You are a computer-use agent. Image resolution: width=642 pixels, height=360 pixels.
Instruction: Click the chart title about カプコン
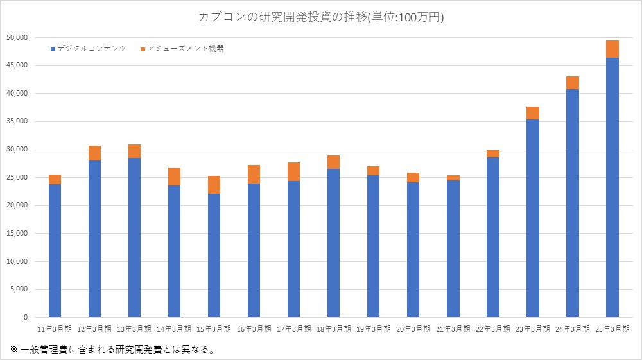coord(321,17)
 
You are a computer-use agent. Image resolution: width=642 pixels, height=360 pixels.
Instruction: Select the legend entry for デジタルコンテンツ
coord(91,49)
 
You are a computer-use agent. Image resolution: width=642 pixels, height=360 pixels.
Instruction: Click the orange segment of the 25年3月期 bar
coord(612,49)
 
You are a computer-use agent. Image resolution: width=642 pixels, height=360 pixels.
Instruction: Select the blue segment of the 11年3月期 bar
coord(55,250)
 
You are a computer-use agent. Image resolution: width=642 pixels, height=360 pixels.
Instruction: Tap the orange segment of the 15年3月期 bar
coord(214,185)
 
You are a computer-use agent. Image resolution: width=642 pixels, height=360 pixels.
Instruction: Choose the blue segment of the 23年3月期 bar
coord(532,218)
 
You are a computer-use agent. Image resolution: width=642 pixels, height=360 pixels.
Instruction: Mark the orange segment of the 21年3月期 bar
coord(453,178)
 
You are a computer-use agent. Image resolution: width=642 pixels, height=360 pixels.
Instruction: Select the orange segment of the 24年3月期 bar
coord(572,83)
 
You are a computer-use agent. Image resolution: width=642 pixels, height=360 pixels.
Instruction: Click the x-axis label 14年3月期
coord(175,329)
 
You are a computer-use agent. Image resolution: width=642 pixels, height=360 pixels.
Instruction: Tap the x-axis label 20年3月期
coord(413,329)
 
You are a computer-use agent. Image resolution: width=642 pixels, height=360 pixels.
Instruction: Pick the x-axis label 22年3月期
coord(492,329)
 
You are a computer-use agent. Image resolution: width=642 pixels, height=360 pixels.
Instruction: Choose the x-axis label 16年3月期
coord(254,329)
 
